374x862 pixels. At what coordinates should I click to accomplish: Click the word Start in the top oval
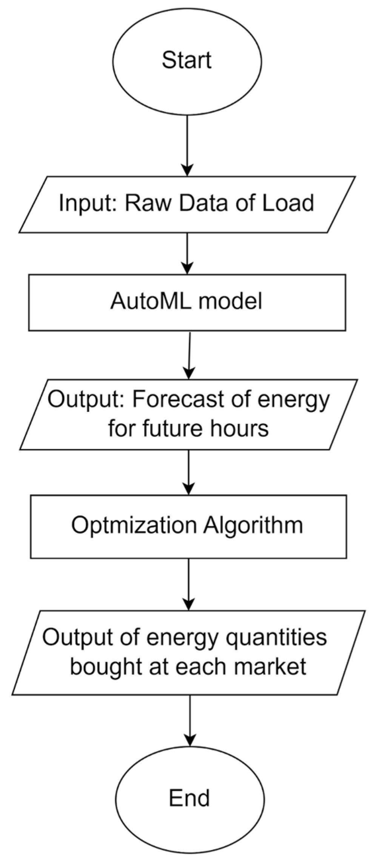click(x=186, y=60)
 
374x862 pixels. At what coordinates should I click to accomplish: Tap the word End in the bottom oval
click(x=189, y=798)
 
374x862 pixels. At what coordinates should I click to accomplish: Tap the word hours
click(x=245, y=429)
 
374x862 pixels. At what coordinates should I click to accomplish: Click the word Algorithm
click(x=253, y=525)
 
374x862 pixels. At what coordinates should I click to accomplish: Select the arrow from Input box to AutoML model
click(x=188, y=253)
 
